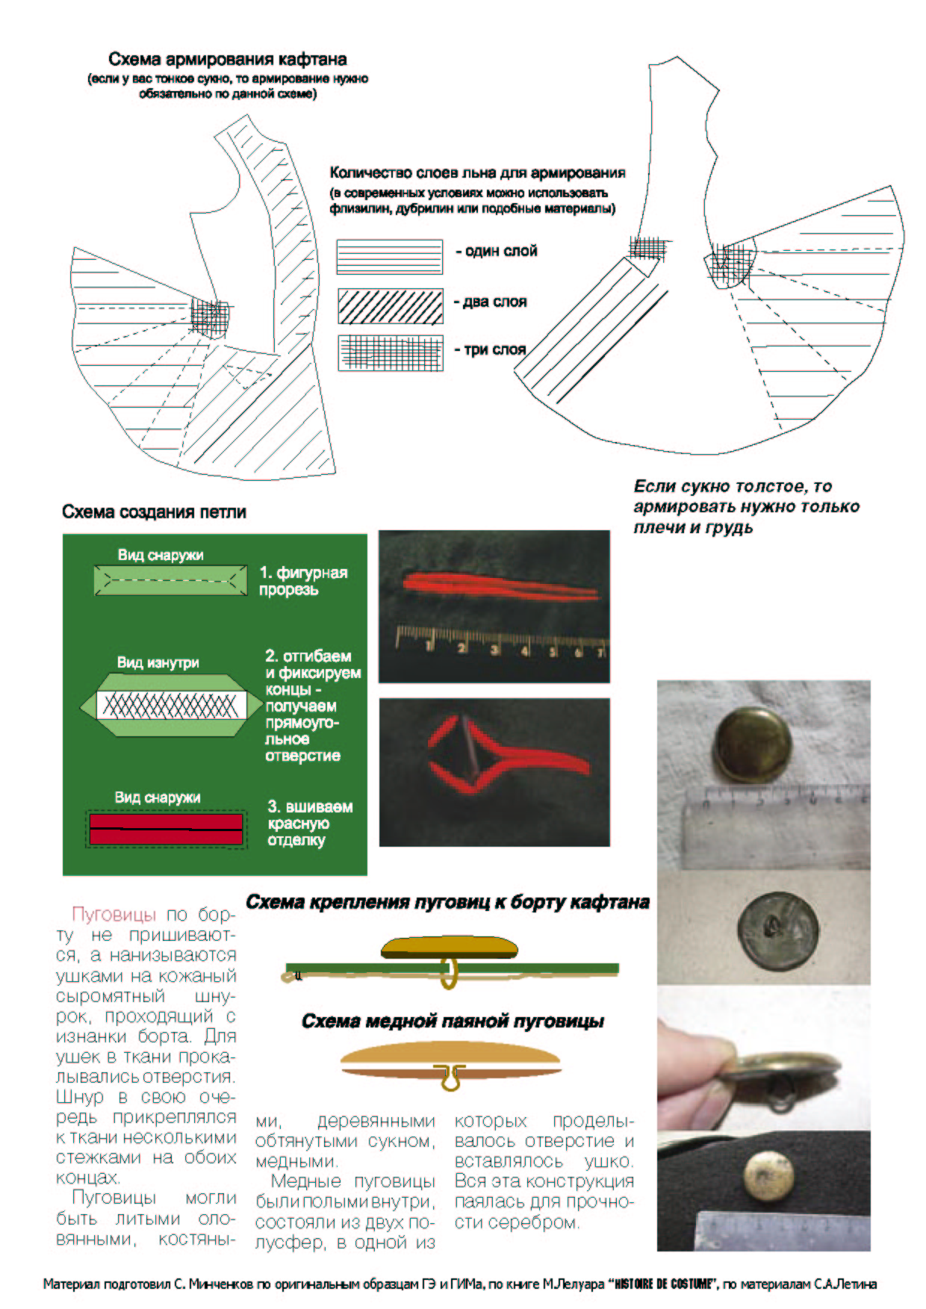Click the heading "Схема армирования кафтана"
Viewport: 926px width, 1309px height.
(227, 59)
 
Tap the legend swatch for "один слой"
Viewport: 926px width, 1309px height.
(389, 255)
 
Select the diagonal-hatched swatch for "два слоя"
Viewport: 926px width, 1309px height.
(390, 306)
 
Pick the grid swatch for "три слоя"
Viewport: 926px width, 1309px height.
(390, 352)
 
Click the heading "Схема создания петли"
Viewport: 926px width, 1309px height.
(154, 512)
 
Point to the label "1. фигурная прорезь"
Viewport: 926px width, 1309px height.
(302, 581)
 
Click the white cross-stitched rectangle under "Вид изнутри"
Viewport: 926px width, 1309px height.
(171, 705)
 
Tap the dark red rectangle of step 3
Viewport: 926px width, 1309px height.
(166, 829)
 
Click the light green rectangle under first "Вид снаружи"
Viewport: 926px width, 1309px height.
(171, 580)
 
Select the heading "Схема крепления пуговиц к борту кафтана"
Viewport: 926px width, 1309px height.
(447, 902)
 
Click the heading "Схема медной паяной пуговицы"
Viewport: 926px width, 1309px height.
(453, 1022)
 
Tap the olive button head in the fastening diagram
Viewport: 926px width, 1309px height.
(450, 948)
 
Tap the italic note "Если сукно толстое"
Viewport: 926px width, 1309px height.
(745, 507)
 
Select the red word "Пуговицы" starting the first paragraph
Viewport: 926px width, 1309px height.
(114, 915)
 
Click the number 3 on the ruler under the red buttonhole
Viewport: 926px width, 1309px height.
(494, 650)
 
